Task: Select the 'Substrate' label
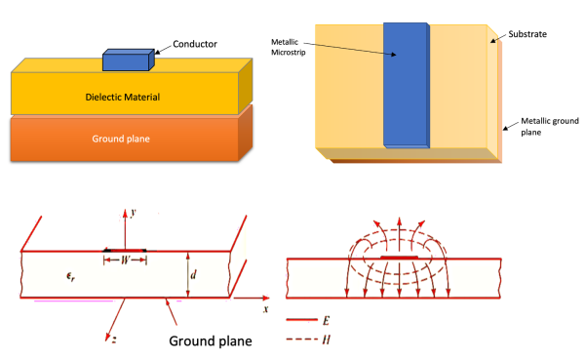click(527, 34)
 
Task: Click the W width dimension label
click(125, 260)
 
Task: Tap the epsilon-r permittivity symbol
click(41, 276)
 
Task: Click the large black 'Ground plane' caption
click(211, 341)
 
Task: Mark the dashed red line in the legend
click(305, 340)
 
